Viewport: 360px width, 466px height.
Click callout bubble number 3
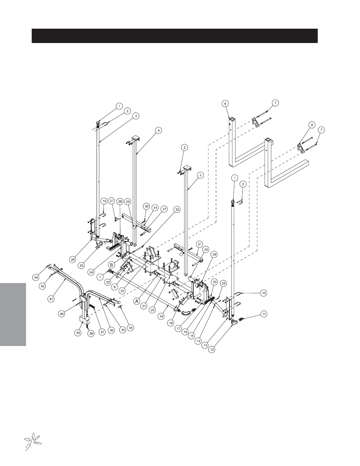pyautogui.click(x=136, y=116)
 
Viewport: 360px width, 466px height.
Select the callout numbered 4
pyautogui.click(x=158, y=130)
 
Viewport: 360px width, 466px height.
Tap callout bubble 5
pyautogui.click(x=200, y=175)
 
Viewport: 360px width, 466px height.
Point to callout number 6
pyautogui.click(x=225, y=104)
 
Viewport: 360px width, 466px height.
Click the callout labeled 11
pyautogui.click(x=264, y=314)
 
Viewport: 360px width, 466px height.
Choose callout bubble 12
pyautogui.click(x=212, y=349)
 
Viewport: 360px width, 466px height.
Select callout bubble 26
pyautogui.click(x=73, y=260)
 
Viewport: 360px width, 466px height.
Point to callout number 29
pyautogui.click(x=128, y=202)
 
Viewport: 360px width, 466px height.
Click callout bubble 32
pyautogui.click(x=177, y=210)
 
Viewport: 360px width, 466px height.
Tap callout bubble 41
pyautogui.click(x=51, y=298)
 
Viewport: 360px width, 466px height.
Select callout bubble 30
pyautogui.click(x=147, y=206)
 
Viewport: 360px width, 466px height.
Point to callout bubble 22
pyautogui.click(x=122, y=291)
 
